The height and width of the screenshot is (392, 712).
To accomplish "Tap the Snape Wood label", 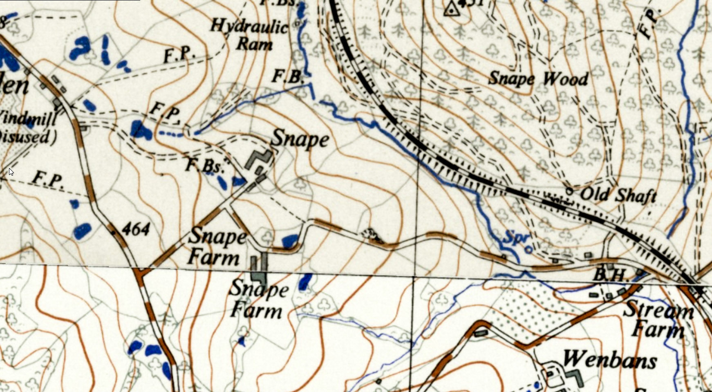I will (x=538, y=78).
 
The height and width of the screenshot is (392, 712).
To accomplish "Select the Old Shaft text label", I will (x=618, y=195).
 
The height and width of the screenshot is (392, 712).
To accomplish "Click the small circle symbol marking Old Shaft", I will (x=569, y=191).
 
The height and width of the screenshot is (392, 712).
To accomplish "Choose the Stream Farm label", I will (x=658, y=320).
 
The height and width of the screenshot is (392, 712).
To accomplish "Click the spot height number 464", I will (x=136, y=229).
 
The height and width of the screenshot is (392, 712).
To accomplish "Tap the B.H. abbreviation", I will (x=609, y=275).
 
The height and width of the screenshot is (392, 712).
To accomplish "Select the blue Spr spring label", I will (x=517, y=237).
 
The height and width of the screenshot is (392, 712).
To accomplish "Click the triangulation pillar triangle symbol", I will (x=451, y=9).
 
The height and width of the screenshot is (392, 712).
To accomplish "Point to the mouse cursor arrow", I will (x=11, y=172).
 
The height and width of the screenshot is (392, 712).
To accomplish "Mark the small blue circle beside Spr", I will (x=528, y=249).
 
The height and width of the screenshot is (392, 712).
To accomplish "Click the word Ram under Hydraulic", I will (x=254, y=43).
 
